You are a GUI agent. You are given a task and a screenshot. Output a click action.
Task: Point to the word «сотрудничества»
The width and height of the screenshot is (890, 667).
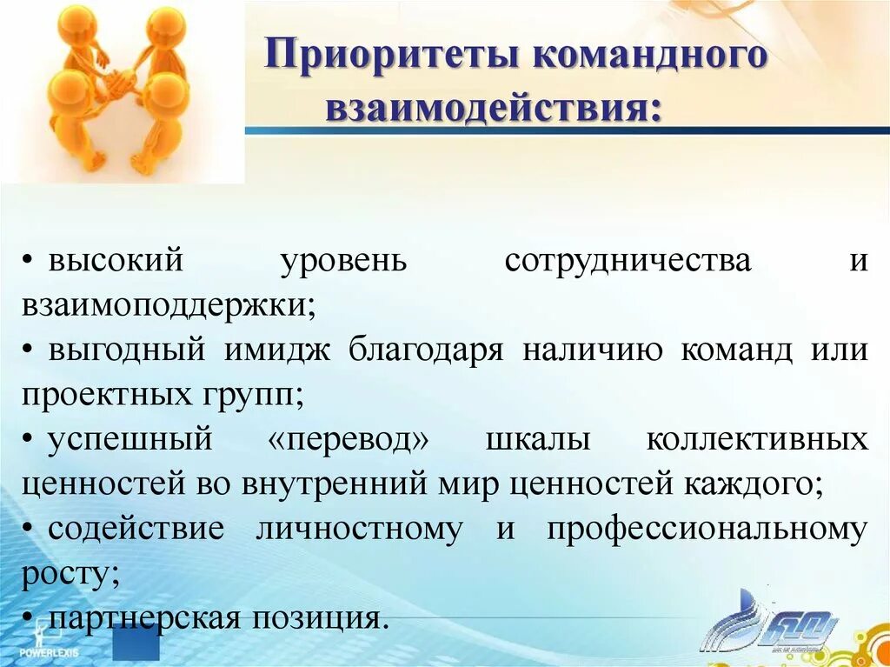tap(628, 261)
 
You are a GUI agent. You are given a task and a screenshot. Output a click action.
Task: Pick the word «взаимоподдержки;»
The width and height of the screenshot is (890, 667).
tap(169, 305)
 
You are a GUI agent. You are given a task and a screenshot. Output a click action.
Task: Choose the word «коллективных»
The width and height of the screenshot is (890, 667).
tap(757, 440)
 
